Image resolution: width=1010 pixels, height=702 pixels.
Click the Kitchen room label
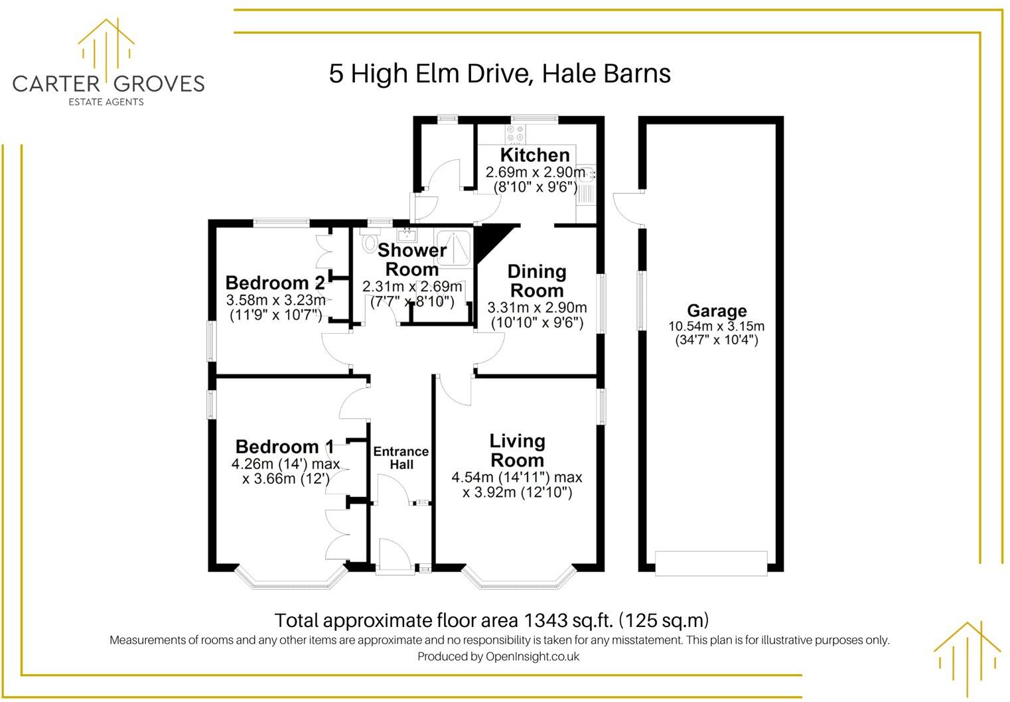point(534,155)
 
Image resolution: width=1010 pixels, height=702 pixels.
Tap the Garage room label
point(716,311)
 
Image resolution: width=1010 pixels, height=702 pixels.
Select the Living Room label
point(517,451)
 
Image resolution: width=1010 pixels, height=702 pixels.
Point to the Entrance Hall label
point(401,458)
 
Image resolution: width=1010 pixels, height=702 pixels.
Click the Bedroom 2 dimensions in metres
point(275,300)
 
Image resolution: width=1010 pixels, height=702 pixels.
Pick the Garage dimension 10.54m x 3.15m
point(716,326)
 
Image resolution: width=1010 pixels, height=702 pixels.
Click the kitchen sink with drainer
point(586,184)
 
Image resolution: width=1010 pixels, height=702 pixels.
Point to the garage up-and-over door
point(711,562)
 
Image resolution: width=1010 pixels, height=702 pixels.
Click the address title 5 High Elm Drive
point(499,74)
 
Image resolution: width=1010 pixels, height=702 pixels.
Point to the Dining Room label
point(536,281)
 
